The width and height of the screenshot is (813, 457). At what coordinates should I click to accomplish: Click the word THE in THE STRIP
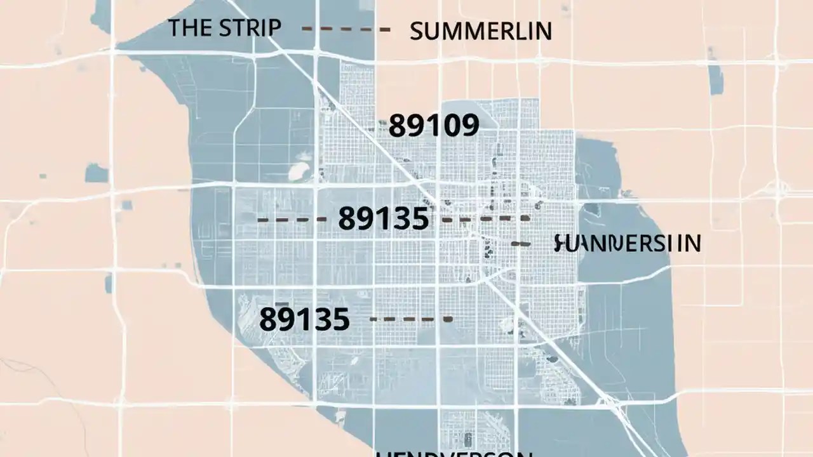coord(189,28)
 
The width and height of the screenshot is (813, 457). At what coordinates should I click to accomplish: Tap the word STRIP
coord(250,28)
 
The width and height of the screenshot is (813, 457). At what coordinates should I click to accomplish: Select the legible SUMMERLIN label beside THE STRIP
coord(480,31)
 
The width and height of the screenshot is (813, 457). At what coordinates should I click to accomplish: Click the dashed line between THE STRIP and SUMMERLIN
coord(346,29)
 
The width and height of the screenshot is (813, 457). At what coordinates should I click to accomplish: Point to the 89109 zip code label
coord(433,126)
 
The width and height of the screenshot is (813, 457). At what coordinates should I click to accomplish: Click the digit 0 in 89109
coord(450,126)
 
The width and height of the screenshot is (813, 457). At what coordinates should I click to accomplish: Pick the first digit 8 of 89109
coord(397,126)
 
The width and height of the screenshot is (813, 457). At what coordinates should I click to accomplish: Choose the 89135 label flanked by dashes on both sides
coord(383,219)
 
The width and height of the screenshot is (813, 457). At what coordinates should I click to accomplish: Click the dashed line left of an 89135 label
coord(292,220)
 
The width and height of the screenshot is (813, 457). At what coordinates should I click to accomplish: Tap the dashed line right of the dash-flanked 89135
coord(486,219)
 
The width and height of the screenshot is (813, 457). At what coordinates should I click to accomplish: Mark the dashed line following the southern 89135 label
coord(411,319)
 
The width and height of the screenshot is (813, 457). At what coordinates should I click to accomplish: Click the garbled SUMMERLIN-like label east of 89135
coord(627,243)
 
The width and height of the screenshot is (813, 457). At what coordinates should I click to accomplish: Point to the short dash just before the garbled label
coord(521,243)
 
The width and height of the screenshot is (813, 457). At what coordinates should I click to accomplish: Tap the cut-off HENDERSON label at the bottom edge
coord(452,453)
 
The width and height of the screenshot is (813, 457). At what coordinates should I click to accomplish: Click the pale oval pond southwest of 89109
coord(298,171)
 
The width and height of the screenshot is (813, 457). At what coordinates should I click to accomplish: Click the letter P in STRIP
coord(274,28)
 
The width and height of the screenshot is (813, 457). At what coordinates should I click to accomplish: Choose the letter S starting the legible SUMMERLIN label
coord(417,31)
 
